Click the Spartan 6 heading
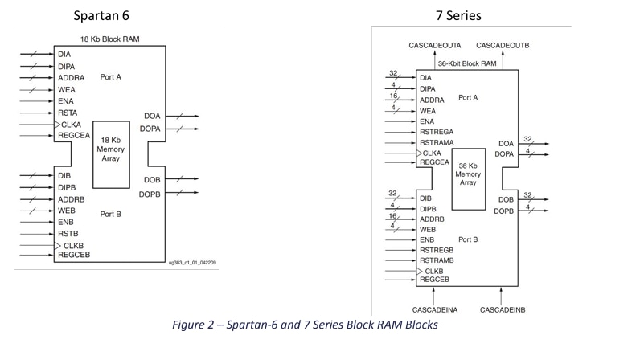tap(101, 15)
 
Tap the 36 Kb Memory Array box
tap(467, 178)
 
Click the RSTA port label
tap(68, 113)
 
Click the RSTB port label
tap(68, 234)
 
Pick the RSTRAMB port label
tap(437, 260)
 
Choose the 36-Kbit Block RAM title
tap(468, 63)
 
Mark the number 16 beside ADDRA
tap(394, 95)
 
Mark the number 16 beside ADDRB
tap(394, 215)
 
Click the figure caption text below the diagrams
tap(306, 325)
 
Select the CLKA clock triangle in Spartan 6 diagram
tap(57, 125)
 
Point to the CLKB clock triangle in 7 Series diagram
tap(419, 272)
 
